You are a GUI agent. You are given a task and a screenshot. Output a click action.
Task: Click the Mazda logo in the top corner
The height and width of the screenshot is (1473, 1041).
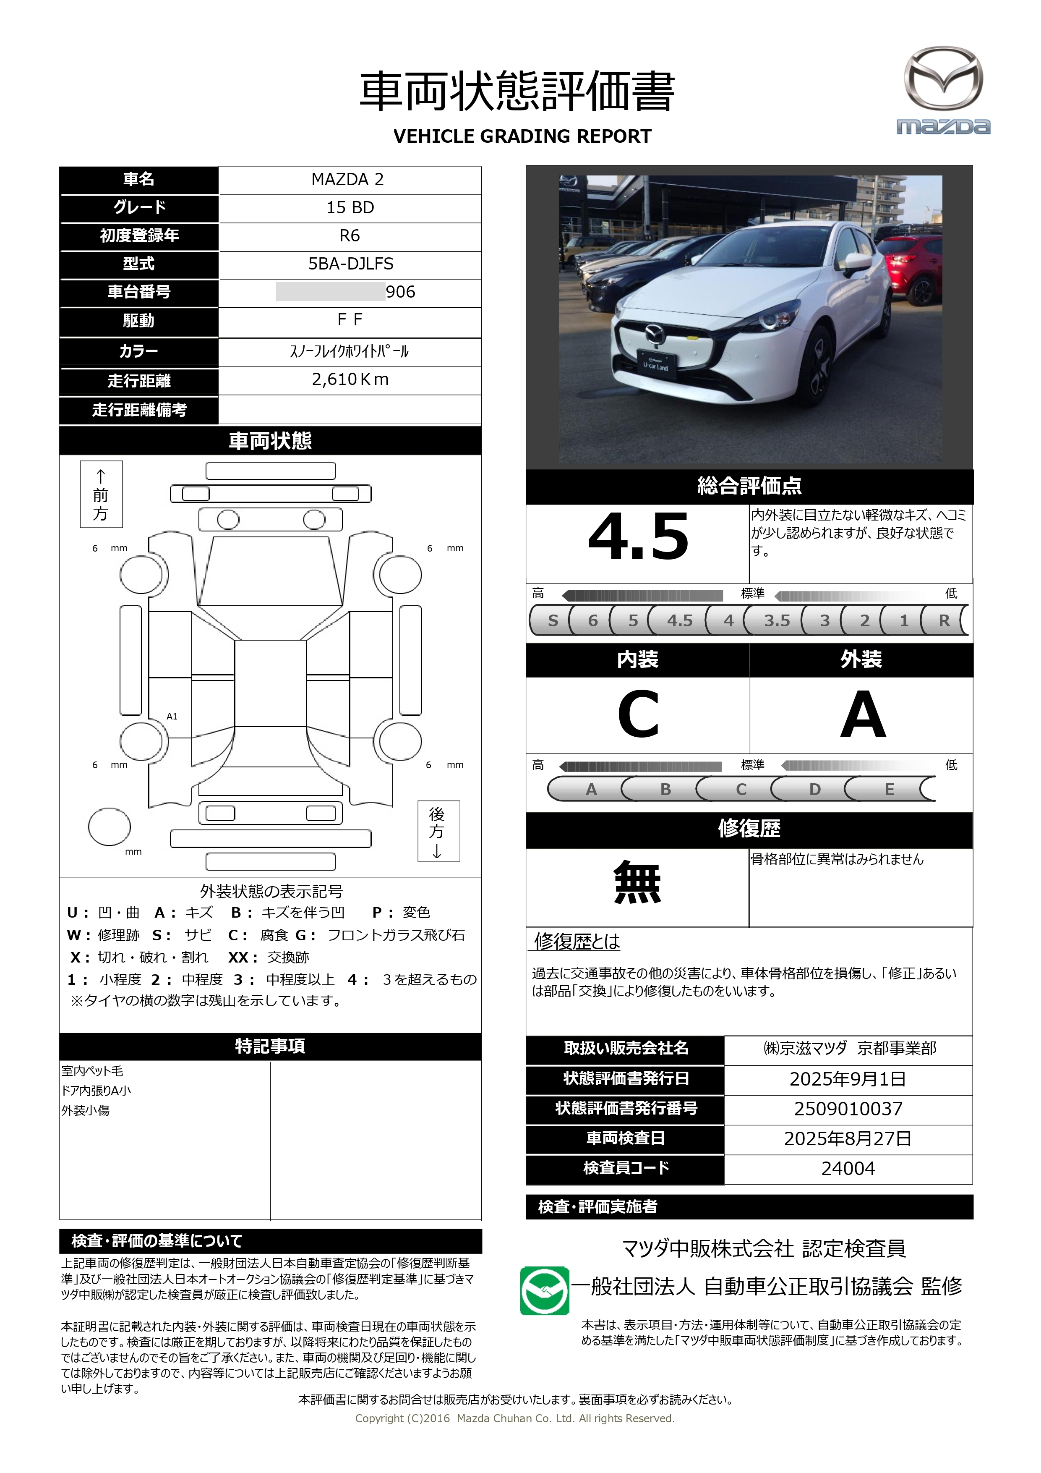click(943, 90)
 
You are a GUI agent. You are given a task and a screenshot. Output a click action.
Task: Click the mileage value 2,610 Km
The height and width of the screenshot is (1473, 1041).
click(350, 380)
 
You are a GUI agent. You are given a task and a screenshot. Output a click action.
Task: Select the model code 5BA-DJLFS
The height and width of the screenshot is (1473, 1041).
click(350, 264)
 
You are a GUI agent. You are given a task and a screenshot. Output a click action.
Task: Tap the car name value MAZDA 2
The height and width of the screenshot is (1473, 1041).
click(348, 180)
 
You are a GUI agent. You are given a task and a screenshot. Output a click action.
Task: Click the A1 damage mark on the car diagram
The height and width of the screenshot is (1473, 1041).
click(172, 716)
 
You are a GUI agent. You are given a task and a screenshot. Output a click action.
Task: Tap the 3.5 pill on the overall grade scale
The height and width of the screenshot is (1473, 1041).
click(776, 620)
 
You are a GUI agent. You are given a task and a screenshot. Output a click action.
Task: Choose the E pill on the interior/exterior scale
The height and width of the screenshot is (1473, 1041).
click(889, 789)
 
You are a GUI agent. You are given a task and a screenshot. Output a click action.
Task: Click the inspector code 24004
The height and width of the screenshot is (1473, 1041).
click(848, 1168)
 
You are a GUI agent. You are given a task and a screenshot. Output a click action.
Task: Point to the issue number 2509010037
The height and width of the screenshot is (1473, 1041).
click(848, 1109)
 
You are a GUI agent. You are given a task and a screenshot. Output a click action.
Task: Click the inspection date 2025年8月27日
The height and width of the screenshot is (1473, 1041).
click(848, 1139)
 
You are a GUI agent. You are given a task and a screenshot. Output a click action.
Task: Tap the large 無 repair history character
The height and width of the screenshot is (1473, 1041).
click(637, 883)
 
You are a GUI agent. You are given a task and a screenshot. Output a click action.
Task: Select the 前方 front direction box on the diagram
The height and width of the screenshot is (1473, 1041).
click(101, 494)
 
